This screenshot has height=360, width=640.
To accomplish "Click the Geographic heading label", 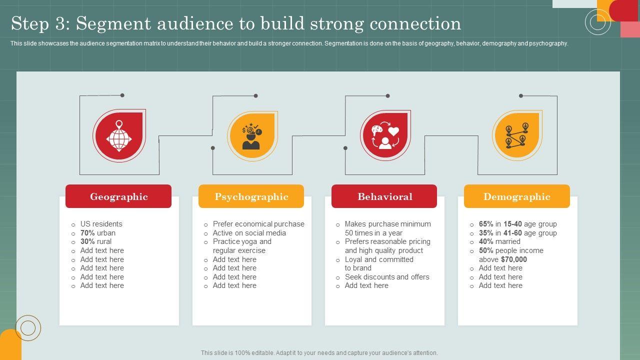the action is [x=119, y=196].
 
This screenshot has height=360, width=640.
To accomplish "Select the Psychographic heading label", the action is [x=251, y=196].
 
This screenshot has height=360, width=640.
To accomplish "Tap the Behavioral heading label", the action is [x=385, y=196].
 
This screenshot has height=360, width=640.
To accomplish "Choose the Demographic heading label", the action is [x=517, y=196].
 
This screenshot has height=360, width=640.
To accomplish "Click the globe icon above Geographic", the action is [x=119, y=136].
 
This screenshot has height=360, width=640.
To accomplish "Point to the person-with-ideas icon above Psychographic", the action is [x=251, y=136].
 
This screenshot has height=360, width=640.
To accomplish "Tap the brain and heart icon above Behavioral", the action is [x=385, y=135].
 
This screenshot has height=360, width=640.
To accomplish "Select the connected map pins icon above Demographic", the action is [x=517, y=135].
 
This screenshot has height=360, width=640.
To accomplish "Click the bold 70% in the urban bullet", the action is [x=87, y=233].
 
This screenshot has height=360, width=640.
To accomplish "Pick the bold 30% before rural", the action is [x=87, y=241].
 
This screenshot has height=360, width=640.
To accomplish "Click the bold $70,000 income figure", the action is [x=513, y=259].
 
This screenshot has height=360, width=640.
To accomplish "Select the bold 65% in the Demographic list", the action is [x=486, y=224].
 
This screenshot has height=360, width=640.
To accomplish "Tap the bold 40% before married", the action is [x=486, y=241].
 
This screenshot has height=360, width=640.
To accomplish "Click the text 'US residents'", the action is [x=101, y=224].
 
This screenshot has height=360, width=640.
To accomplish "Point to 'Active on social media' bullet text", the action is [x=249, y=233].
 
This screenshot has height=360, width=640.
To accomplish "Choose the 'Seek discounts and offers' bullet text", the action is [x=387, y=277].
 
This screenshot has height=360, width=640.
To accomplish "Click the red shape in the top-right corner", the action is [x=625, y=10].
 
